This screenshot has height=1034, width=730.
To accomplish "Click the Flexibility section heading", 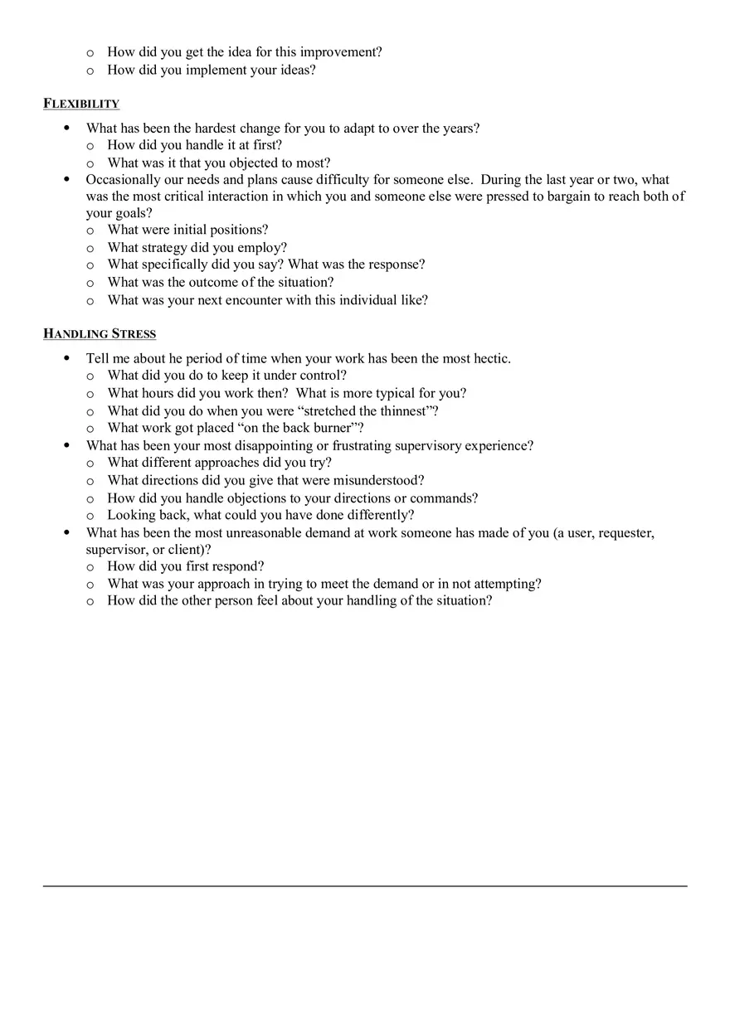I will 81,104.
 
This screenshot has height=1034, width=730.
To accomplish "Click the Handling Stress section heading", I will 100,334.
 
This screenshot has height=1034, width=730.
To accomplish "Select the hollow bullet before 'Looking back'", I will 90,516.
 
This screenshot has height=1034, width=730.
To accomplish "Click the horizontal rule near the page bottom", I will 365,886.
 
